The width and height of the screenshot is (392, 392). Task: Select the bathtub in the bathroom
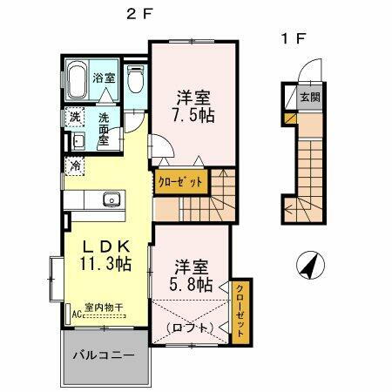[x=76, y=82]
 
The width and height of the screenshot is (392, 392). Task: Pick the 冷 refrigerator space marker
[x=75, y=165]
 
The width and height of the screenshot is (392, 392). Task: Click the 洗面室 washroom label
[x=104, y=129]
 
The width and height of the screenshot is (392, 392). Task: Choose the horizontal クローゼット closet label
[x=182, y=182]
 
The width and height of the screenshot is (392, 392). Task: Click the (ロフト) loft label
[x=190, y=328]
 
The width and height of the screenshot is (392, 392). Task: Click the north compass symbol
[x=307, y=264]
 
